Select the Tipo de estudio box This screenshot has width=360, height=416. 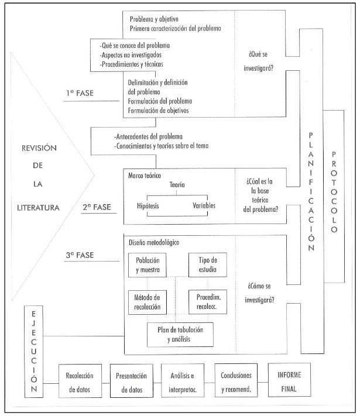click(x=205, y=264)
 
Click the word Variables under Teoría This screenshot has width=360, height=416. click(x=204, y=206)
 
